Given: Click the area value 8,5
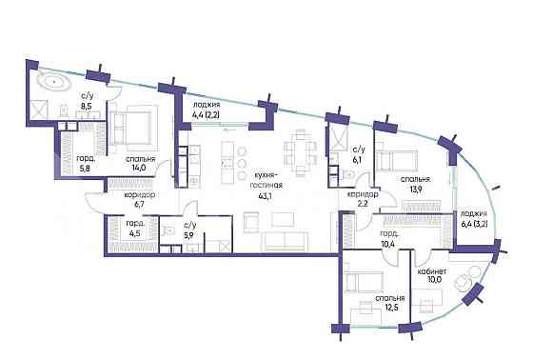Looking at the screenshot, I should coord(85,107).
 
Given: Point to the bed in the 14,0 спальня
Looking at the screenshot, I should coord(131,130).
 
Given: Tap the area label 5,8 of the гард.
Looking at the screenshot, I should coord(85,168).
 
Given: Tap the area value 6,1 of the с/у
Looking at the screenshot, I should coord(359,160).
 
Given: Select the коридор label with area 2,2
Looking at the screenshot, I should coord(363,195).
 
